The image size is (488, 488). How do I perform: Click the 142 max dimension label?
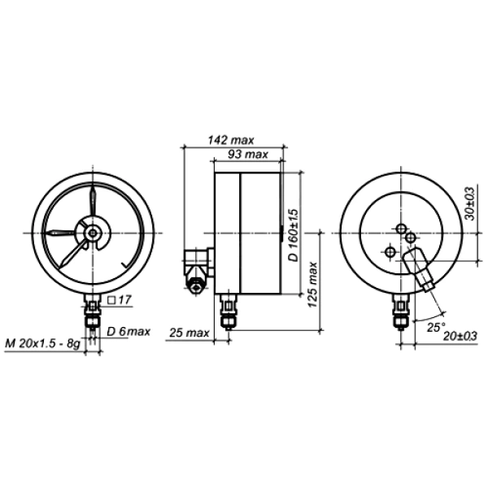[x=231, y=140]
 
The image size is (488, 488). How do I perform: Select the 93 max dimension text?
[x=248, y=155]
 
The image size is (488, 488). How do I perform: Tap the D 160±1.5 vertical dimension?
[x=293, y=235]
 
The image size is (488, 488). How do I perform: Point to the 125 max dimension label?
[x=312, y=285]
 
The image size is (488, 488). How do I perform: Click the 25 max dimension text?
[x=189, y=333]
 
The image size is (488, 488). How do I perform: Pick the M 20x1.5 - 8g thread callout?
[x=42, y=343]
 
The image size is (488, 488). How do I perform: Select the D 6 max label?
[x=129, y=332]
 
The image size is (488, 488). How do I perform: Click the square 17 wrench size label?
[x=120, y=300]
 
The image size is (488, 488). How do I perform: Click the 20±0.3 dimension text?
[x=460, y=336]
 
